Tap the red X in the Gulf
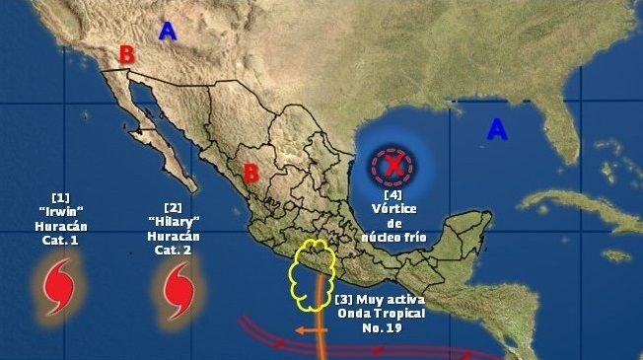[393, 167]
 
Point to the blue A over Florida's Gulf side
[498, 128]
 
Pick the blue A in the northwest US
[168, 32]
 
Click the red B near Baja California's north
[126, 55]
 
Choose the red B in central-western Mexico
[250, 174]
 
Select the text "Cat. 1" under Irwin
[59, 239]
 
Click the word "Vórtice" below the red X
[393, 208]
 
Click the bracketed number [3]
[344, 299]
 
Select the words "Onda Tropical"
[389, 314]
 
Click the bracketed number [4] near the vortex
[393, 194]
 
